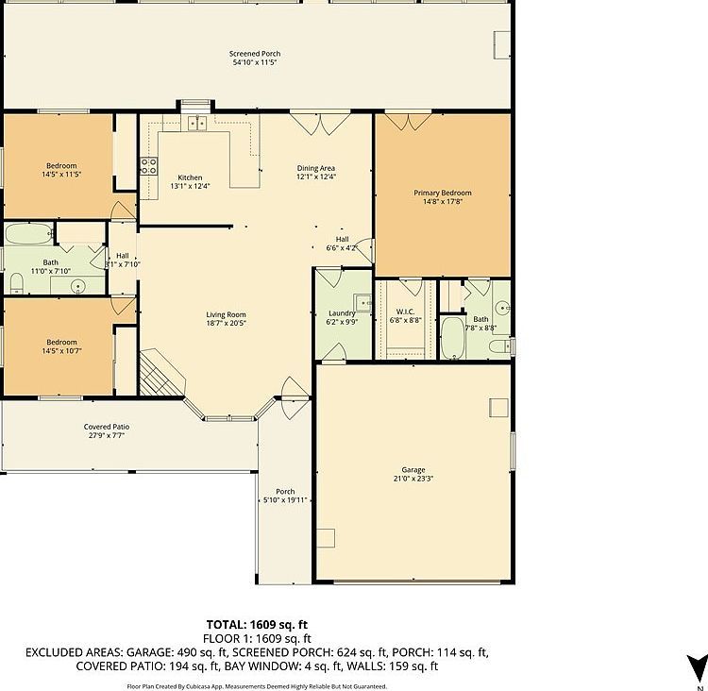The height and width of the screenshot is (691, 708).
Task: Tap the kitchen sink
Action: coord(197,123)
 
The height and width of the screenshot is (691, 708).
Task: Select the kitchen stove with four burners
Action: coord(148,166)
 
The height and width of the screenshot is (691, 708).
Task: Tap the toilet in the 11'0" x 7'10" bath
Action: coord(16,281)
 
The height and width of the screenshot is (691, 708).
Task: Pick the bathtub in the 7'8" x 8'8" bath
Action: coord(453,338)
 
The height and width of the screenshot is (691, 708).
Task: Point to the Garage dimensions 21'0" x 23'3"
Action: coord(413,479)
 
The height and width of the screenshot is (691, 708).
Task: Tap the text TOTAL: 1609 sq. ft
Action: coord(257,624)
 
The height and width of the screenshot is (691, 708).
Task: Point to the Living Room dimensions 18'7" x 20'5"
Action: coord(227,323)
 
